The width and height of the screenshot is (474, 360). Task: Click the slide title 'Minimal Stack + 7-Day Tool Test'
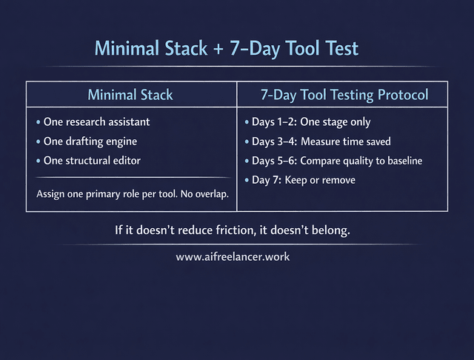[226, 49]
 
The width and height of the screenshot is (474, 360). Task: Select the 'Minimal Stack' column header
[130, 95]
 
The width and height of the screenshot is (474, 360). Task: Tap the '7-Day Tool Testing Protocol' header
[344, 95]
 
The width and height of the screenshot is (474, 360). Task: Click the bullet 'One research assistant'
[96, 121]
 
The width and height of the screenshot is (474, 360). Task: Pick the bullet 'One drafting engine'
[90, 141]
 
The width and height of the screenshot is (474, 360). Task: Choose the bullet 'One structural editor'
[92, 160]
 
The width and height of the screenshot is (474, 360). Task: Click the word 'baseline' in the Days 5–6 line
[401, 160]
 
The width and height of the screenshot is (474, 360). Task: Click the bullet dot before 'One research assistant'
[39, 122]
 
